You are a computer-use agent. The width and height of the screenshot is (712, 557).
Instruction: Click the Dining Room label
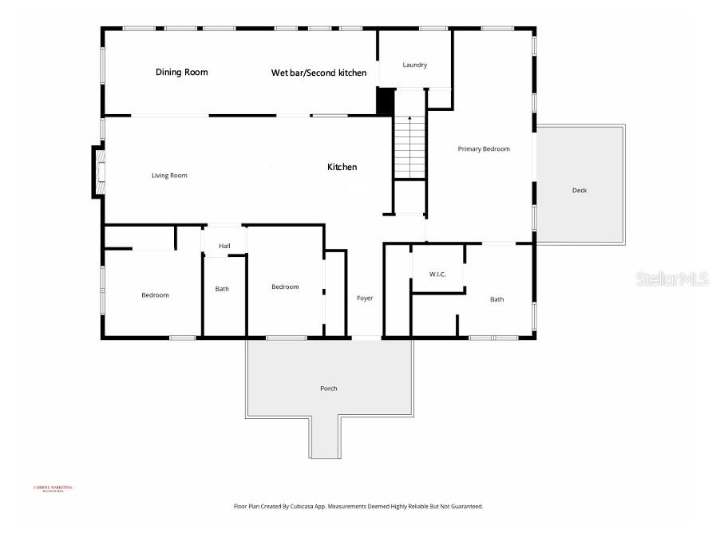click(181, 73)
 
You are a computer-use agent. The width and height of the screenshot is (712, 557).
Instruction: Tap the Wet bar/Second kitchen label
click(318, 73)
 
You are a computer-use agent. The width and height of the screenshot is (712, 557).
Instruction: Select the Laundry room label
click(414, 65)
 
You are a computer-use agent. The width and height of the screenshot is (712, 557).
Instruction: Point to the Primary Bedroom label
click(483, 149)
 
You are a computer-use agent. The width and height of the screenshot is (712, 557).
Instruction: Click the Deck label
click(579, 190)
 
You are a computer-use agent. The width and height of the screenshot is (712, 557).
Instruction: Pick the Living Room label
click(169, 176)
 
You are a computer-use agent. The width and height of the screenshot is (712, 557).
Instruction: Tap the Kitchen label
click(342, 168)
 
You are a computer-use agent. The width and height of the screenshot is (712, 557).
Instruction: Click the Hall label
click(224, 246)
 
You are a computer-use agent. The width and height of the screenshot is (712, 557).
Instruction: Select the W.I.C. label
click(437, 275)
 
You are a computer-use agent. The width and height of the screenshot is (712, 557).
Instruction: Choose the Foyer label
click(365, 298)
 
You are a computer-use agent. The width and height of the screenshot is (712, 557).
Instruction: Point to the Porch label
click(328, 389)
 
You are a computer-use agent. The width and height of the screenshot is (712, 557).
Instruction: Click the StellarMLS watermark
click(672, 279)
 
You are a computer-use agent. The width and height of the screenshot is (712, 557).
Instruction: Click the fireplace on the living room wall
click(98, 171)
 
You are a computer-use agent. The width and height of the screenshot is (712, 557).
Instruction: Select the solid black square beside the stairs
click(385, 101)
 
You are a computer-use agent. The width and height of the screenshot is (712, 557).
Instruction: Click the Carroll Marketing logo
click(53, 488)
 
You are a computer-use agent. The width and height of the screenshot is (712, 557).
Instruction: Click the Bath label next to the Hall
click(222, 289)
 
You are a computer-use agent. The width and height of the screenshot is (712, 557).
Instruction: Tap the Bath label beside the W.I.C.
click(496, 300)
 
